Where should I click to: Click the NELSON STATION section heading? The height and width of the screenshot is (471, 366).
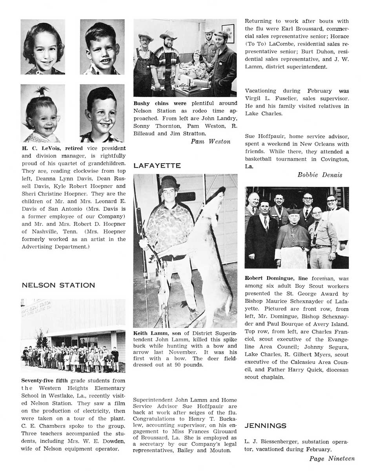[58, 285]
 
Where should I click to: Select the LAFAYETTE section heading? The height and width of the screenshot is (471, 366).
[157, 166]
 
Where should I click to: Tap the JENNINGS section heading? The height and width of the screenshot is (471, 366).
[266, 425]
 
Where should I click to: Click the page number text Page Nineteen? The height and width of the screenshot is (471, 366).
[332, 458]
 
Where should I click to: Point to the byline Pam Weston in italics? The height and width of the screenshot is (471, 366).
[210, 141]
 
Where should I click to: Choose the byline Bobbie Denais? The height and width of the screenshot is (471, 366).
[320, 175]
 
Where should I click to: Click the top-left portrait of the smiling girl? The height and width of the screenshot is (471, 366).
[43, 47]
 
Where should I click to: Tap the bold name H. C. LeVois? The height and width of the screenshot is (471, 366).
[42, 148]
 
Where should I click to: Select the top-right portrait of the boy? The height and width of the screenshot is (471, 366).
[102, 47]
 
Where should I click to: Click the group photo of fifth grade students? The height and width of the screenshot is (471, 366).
[73, 336]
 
